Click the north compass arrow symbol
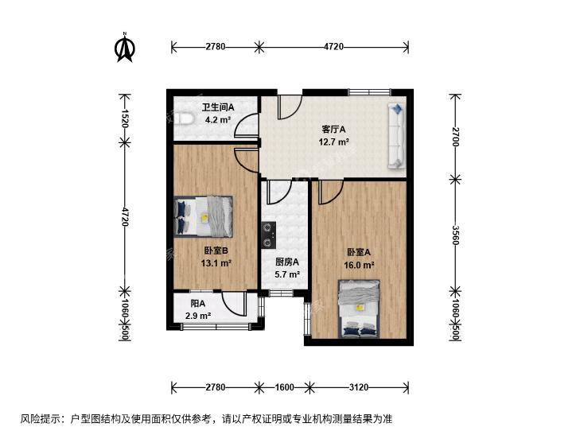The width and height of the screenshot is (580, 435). point(125,47)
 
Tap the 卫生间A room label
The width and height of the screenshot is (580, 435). point(218,107)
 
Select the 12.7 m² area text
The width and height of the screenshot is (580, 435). point(334,142)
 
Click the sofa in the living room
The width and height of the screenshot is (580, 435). point(395,136)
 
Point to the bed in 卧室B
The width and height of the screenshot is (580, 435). point(204,216)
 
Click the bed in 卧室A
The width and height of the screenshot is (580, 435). point(360,309)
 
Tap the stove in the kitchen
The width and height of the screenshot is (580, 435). point(268,235)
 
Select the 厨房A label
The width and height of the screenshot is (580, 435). point(287,262)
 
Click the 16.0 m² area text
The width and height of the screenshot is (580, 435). point(359,265)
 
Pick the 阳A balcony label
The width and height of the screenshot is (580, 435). point(198,304)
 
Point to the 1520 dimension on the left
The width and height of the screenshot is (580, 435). point(124,118)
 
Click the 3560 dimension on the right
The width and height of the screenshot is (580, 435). point(455,236)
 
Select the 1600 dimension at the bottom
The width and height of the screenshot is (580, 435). point(285,387)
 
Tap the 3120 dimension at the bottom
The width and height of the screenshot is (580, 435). point(359,387)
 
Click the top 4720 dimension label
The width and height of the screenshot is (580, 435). point(333,47)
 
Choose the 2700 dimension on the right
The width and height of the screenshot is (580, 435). point(455,137)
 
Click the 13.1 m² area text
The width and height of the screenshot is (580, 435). point(216,263)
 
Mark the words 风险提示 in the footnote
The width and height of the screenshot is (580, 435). point(40,419)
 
